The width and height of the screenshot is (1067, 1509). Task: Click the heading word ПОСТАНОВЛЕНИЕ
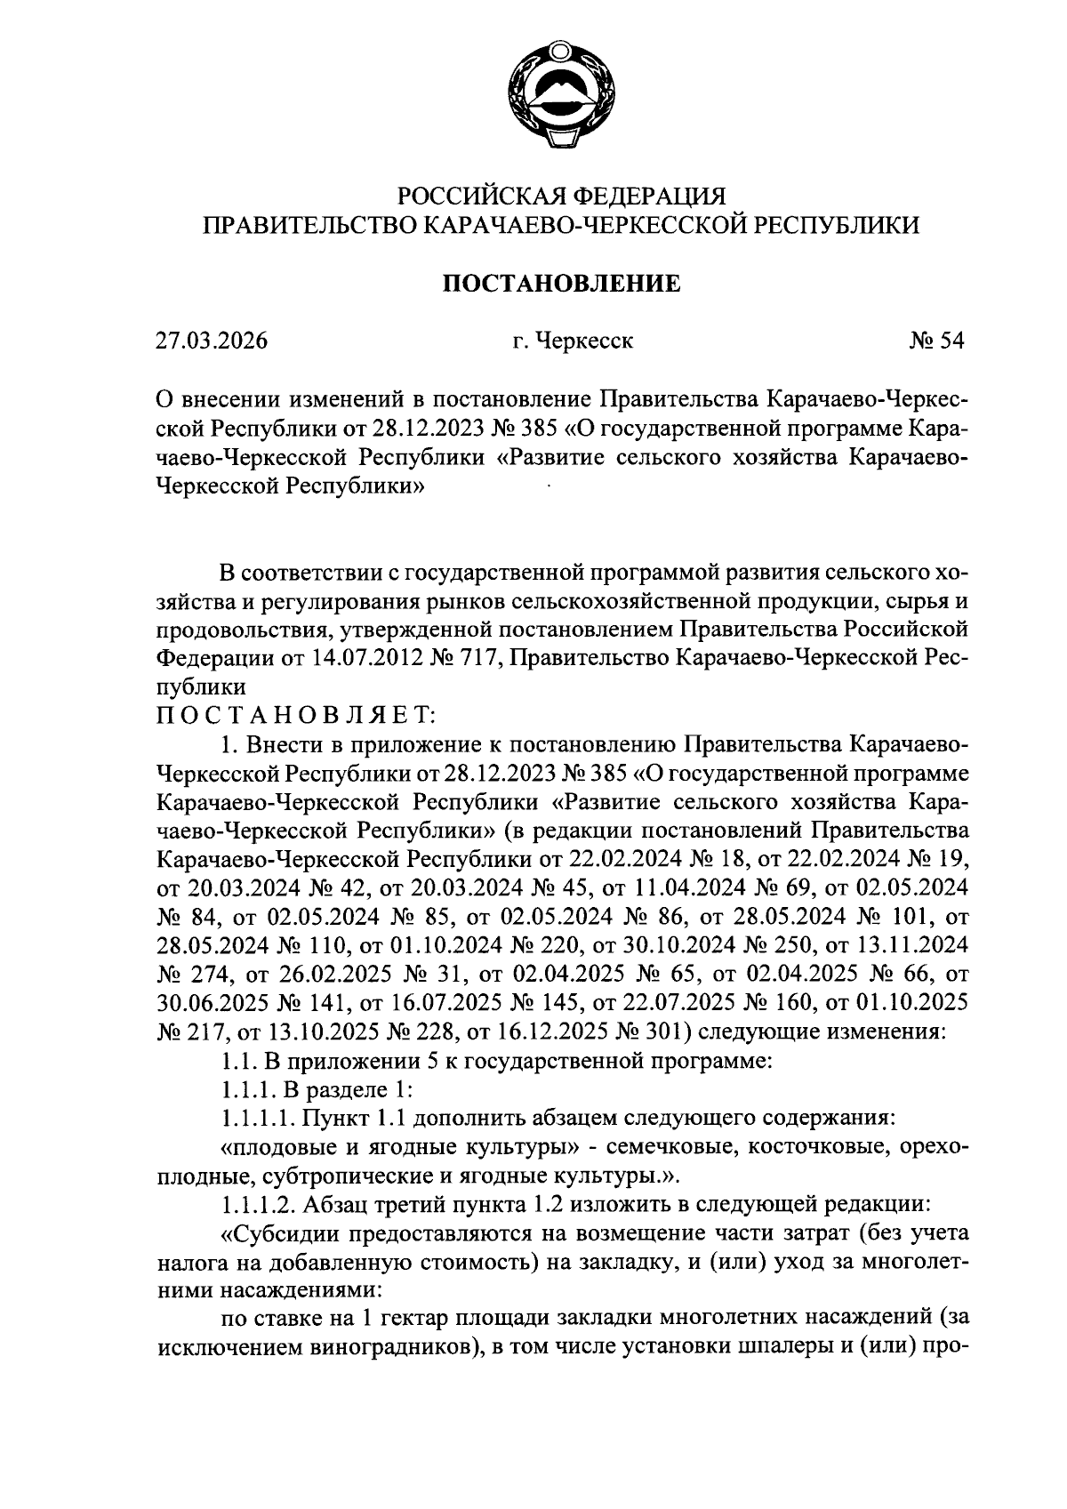[x=562, y=284]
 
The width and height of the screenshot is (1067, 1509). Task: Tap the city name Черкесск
[x=585, y=341]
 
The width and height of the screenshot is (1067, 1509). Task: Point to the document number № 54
[x=935, y=341]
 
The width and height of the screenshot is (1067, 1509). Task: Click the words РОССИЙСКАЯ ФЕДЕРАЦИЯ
[x=562, y=195]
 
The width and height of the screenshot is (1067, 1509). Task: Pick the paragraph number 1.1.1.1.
[x=259, y=1118]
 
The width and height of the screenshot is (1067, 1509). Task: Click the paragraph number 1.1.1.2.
[x=259, y=1205]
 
